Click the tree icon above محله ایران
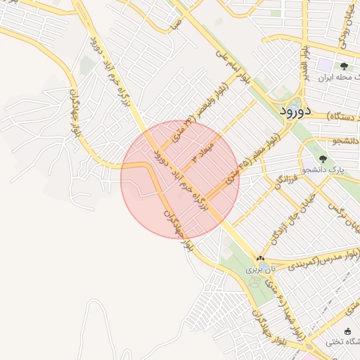click(344, 66)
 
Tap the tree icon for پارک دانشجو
click(323, 160)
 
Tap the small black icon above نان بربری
click(261, 259)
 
